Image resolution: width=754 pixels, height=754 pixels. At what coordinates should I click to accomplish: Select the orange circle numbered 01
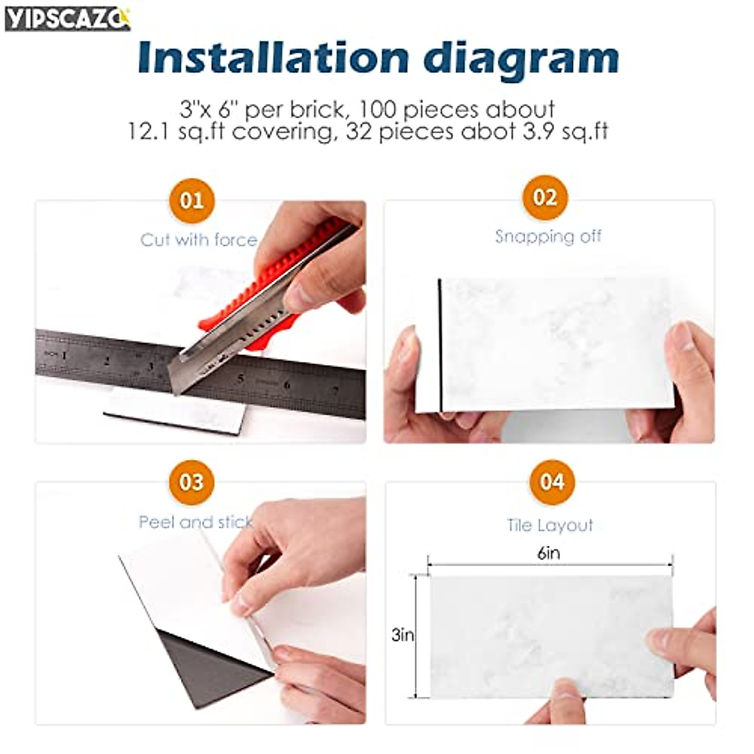192,201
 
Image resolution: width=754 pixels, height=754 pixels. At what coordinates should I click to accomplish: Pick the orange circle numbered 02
545,198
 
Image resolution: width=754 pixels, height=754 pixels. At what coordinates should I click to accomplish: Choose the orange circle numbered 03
192,482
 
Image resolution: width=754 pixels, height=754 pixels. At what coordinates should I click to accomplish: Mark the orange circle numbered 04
552,482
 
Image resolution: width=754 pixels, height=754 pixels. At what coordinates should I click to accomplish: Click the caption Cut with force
199,240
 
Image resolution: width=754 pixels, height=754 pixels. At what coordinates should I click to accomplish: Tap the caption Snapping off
548,237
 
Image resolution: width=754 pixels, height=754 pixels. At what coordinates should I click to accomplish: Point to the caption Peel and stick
195,522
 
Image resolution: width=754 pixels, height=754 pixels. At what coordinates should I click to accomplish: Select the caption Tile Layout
550,525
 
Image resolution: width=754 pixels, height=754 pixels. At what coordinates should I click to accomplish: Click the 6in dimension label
549,554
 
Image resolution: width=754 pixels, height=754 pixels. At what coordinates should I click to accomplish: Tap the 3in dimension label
403,635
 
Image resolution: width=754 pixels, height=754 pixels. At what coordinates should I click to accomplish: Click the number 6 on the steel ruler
287,384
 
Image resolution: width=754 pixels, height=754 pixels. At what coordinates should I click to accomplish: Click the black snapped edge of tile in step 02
440,346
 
